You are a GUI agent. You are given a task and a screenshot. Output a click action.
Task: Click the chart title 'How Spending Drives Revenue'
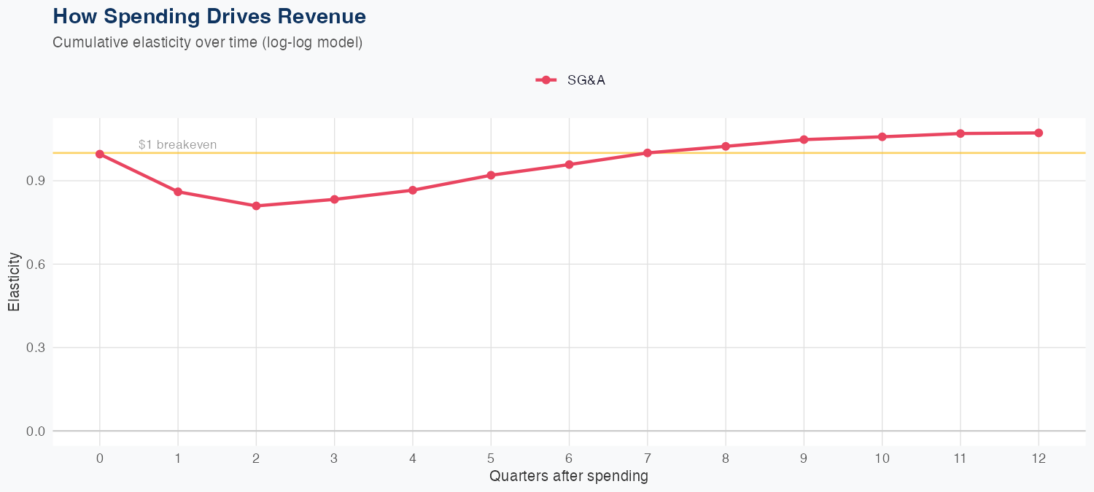(209, 16)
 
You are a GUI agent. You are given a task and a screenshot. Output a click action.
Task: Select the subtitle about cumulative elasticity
(207, 42)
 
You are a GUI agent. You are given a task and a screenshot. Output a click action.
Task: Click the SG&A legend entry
(571, 80)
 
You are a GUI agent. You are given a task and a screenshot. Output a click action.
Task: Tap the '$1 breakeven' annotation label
(177, 145)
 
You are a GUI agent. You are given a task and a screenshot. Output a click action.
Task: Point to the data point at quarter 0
(99, 154)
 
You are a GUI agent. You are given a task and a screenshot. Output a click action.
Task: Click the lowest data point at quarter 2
(256, 206)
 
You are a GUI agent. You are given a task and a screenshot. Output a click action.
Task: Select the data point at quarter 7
(647, 153)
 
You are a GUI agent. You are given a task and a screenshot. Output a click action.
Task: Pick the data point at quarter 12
(1039, 133)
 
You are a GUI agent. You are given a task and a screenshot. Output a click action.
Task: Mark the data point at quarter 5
(491, 175)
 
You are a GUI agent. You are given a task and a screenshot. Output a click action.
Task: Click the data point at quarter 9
(804, 139)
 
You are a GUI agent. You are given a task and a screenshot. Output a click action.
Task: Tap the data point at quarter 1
(178, 192)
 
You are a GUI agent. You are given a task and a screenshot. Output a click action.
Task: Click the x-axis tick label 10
(882, 458)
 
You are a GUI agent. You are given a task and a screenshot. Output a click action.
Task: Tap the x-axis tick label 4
(413, 458)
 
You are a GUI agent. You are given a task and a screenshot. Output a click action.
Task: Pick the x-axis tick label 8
(726, 458)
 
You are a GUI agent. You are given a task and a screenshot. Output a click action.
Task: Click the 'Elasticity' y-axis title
(14, 282)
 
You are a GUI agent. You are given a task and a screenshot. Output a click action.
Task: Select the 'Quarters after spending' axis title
(568, 477)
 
